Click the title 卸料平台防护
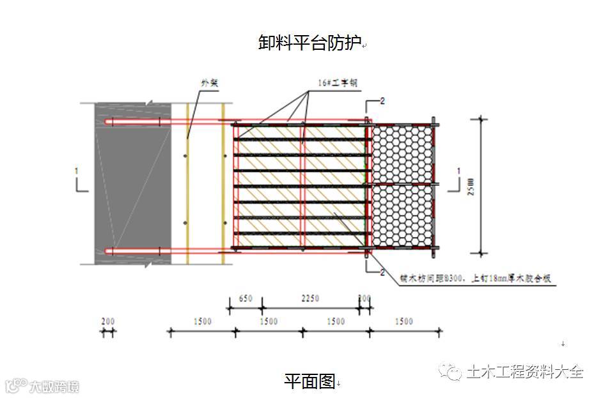point(309,43)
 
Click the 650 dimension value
point(245,298)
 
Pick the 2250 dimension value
point(309,298)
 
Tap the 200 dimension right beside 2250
point(364,298)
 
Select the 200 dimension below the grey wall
point(108,321)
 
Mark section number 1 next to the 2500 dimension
point(458,171)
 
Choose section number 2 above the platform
point(382,101)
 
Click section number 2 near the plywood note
point(382,273)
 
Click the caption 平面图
point(309,381)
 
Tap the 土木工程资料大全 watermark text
point(524,372)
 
